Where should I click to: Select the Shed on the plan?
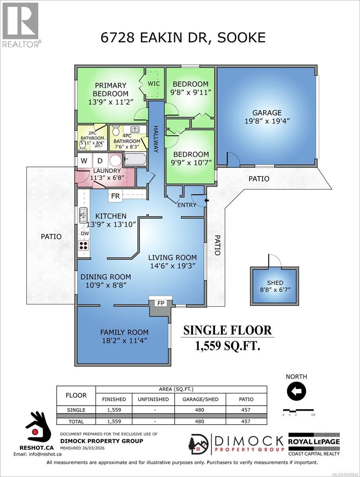[275, 286]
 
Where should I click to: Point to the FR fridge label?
[115, 196]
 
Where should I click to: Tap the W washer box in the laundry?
[84, 161]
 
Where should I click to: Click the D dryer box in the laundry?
[100, 161]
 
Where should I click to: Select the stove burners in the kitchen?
[84, 245]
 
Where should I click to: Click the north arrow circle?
[296, 391]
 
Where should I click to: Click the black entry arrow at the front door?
[206, 201]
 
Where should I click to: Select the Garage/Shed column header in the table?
[200, 399]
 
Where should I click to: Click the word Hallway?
[156, 139]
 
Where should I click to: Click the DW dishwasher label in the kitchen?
[85, 234]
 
